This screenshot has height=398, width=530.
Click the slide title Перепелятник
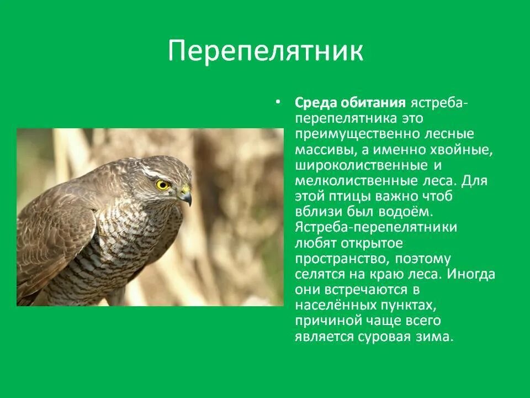[266, 50]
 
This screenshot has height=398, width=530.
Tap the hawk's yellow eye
[162, 185]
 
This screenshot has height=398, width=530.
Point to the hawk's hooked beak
[187, 196]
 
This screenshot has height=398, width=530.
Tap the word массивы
[326, 150]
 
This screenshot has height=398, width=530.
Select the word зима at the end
[438, 336]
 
